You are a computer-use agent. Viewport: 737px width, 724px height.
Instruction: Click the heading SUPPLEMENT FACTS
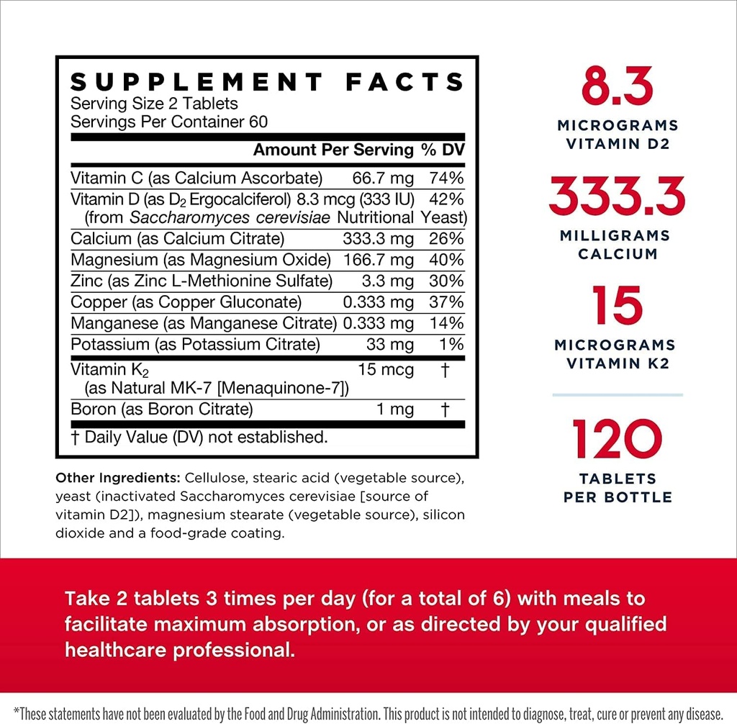coord(267,81)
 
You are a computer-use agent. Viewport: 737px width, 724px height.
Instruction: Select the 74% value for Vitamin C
coord(446,178)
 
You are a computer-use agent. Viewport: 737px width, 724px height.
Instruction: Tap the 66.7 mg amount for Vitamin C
coord(383,178)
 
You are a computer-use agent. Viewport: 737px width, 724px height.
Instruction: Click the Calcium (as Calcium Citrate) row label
coord(178,238)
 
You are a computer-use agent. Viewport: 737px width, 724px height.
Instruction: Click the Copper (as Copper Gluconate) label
coord(186,302)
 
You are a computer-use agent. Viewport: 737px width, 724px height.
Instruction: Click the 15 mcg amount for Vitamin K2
coord(386,370)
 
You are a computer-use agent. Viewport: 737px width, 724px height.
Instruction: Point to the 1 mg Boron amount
coord(395,409)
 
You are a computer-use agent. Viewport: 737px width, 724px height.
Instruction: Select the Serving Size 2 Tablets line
coord(154,104)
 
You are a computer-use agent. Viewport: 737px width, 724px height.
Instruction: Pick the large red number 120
coord(618,440)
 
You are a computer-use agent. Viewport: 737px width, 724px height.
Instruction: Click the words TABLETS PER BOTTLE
coord(618,487)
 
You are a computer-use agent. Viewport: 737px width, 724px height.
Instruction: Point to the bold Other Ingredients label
coord(118,478)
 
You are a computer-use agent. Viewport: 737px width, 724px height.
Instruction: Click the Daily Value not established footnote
coord(199,437)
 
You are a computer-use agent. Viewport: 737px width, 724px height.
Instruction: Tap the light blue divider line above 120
coord(618,394)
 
